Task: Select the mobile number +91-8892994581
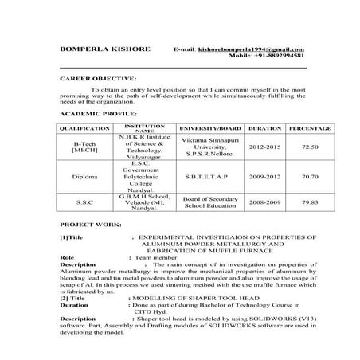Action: tap(278, 57)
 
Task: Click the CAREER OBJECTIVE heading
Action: tap(98, 80)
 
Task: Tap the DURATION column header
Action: tap(265, 127)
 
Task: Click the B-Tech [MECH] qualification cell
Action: tap(84, 147)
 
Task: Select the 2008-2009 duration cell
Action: tap(265, 203)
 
